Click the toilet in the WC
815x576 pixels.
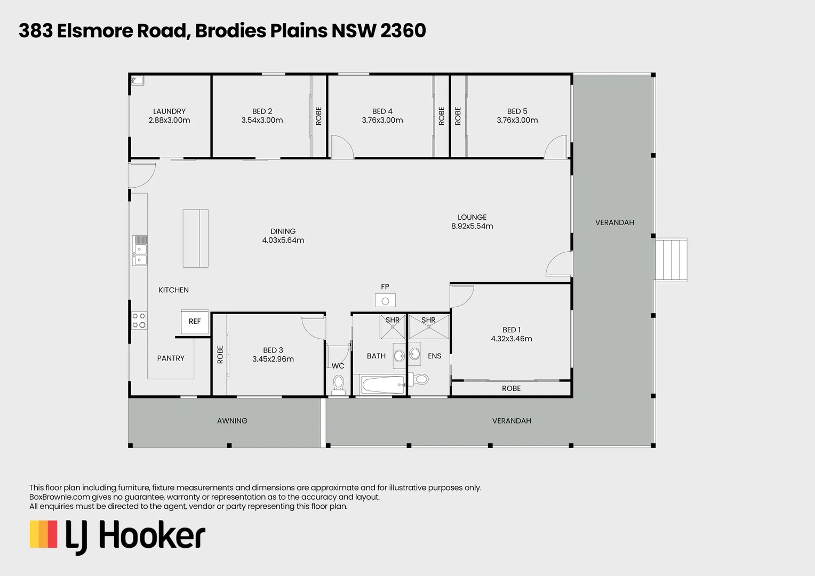pyautogui.click(x=338, y=383)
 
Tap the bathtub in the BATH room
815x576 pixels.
pyautogui.click(x=383, y=385)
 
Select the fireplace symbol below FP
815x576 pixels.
pyautogui.click(x=385, y=301)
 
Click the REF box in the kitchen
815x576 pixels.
pyautogui.click(x=195, y=322)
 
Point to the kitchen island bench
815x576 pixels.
pyautogui.click(x=195, y=238)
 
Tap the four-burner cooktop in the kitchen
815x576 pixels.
pyautogui.click(x=139, y=321)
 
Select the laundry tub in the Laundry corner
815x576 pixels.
pyautogui.click(x=138, y=81)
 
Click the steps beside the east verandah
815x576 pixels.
pyautogui.click(x=671, y=260)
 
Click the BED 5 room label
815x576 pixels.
pyautogui.click(x=517, y=111)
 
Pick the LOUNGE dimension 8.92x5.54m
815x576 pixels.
pyautogui.click(x=472, y=226)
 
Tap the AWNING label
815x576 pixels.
pyautogui.click(x=232, y=421)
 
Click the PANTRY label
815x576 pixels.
pyautogui.click(x=171, y=358)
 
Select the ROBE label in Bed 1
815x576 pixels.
pyautogui.click(x=511, y=388)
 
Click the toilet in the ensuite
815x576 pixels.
pyautogui.click(x=421, y=379)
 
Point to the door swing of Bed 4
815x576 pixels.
pyautogui.click(x=341, y=147)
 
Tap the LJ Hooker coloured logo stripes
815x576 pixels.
pyautogui.click(x=43, y=534)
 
